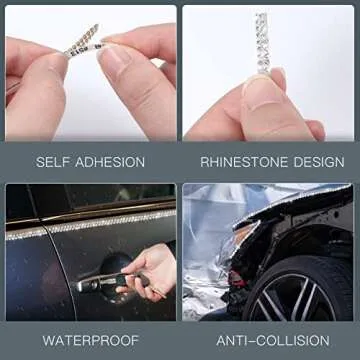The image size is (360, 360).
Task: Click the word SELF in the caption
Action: (53, 162)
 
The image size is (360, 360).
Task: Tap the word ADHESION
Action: (110, 162)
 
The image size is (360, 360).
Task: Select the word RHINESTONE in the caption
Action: (243, 162)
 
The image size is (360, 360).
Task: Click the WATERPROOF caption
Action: (90, 340)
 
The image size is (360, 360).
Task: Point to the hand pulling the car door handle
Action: (150, 270)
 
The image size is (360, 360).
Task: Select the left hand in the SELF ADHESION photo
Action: (35, 85)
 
